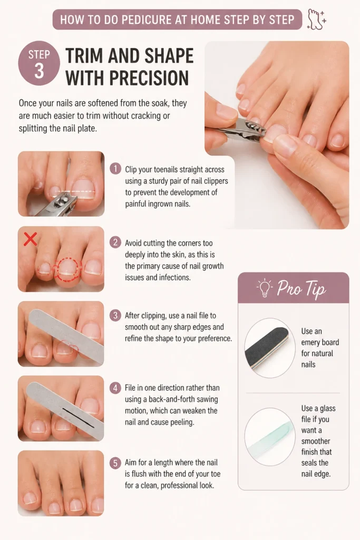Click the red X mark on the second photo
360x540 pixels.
tap(30, 239)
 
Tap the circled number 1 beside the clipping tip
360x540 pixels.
tap(115, 169)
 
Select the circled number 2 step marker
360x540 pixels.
tap(115, 243)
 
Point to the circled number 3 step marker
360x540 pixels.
tap(115, 315)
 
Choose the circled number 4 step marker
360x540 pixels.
tap(115, 388)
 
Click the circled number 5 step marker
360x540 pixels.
tap(115, 462)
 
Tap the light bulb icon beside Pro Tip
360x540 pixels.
tap(264, 288)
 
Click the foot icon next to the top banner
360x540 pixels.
tap(316, 20)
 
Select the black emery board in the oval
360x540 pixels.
tap(267, 348)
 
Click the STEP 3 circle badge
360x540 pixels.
tap(39, 63)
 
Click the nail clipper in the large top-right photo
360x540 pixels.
tap(241, 129)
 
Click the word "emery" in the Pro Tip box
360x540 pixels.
tap(320, 342)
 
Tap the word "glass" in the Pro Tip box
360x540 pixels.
tap(327, 409)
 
